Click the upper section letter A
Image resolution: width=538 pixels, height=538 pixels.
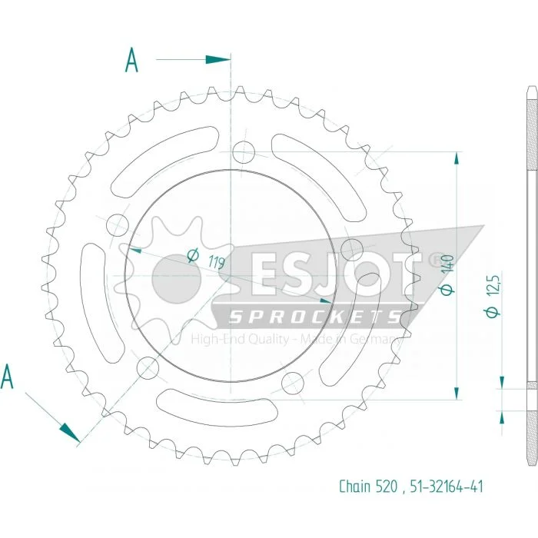pos(131,60)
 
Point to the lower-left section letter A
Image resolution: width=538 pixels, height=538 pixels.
pos(7,377)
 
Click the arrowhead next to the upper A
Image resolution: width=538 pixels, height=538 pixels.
pos(218,60)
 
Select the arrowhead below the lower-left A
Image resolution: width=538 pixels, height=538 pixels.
pos(70,433)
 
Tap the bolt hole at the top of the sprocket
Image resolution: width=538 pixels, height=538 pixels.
pos(244,152)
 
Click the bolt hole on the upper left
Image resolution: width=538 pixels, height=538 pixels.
pos(118,225)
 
